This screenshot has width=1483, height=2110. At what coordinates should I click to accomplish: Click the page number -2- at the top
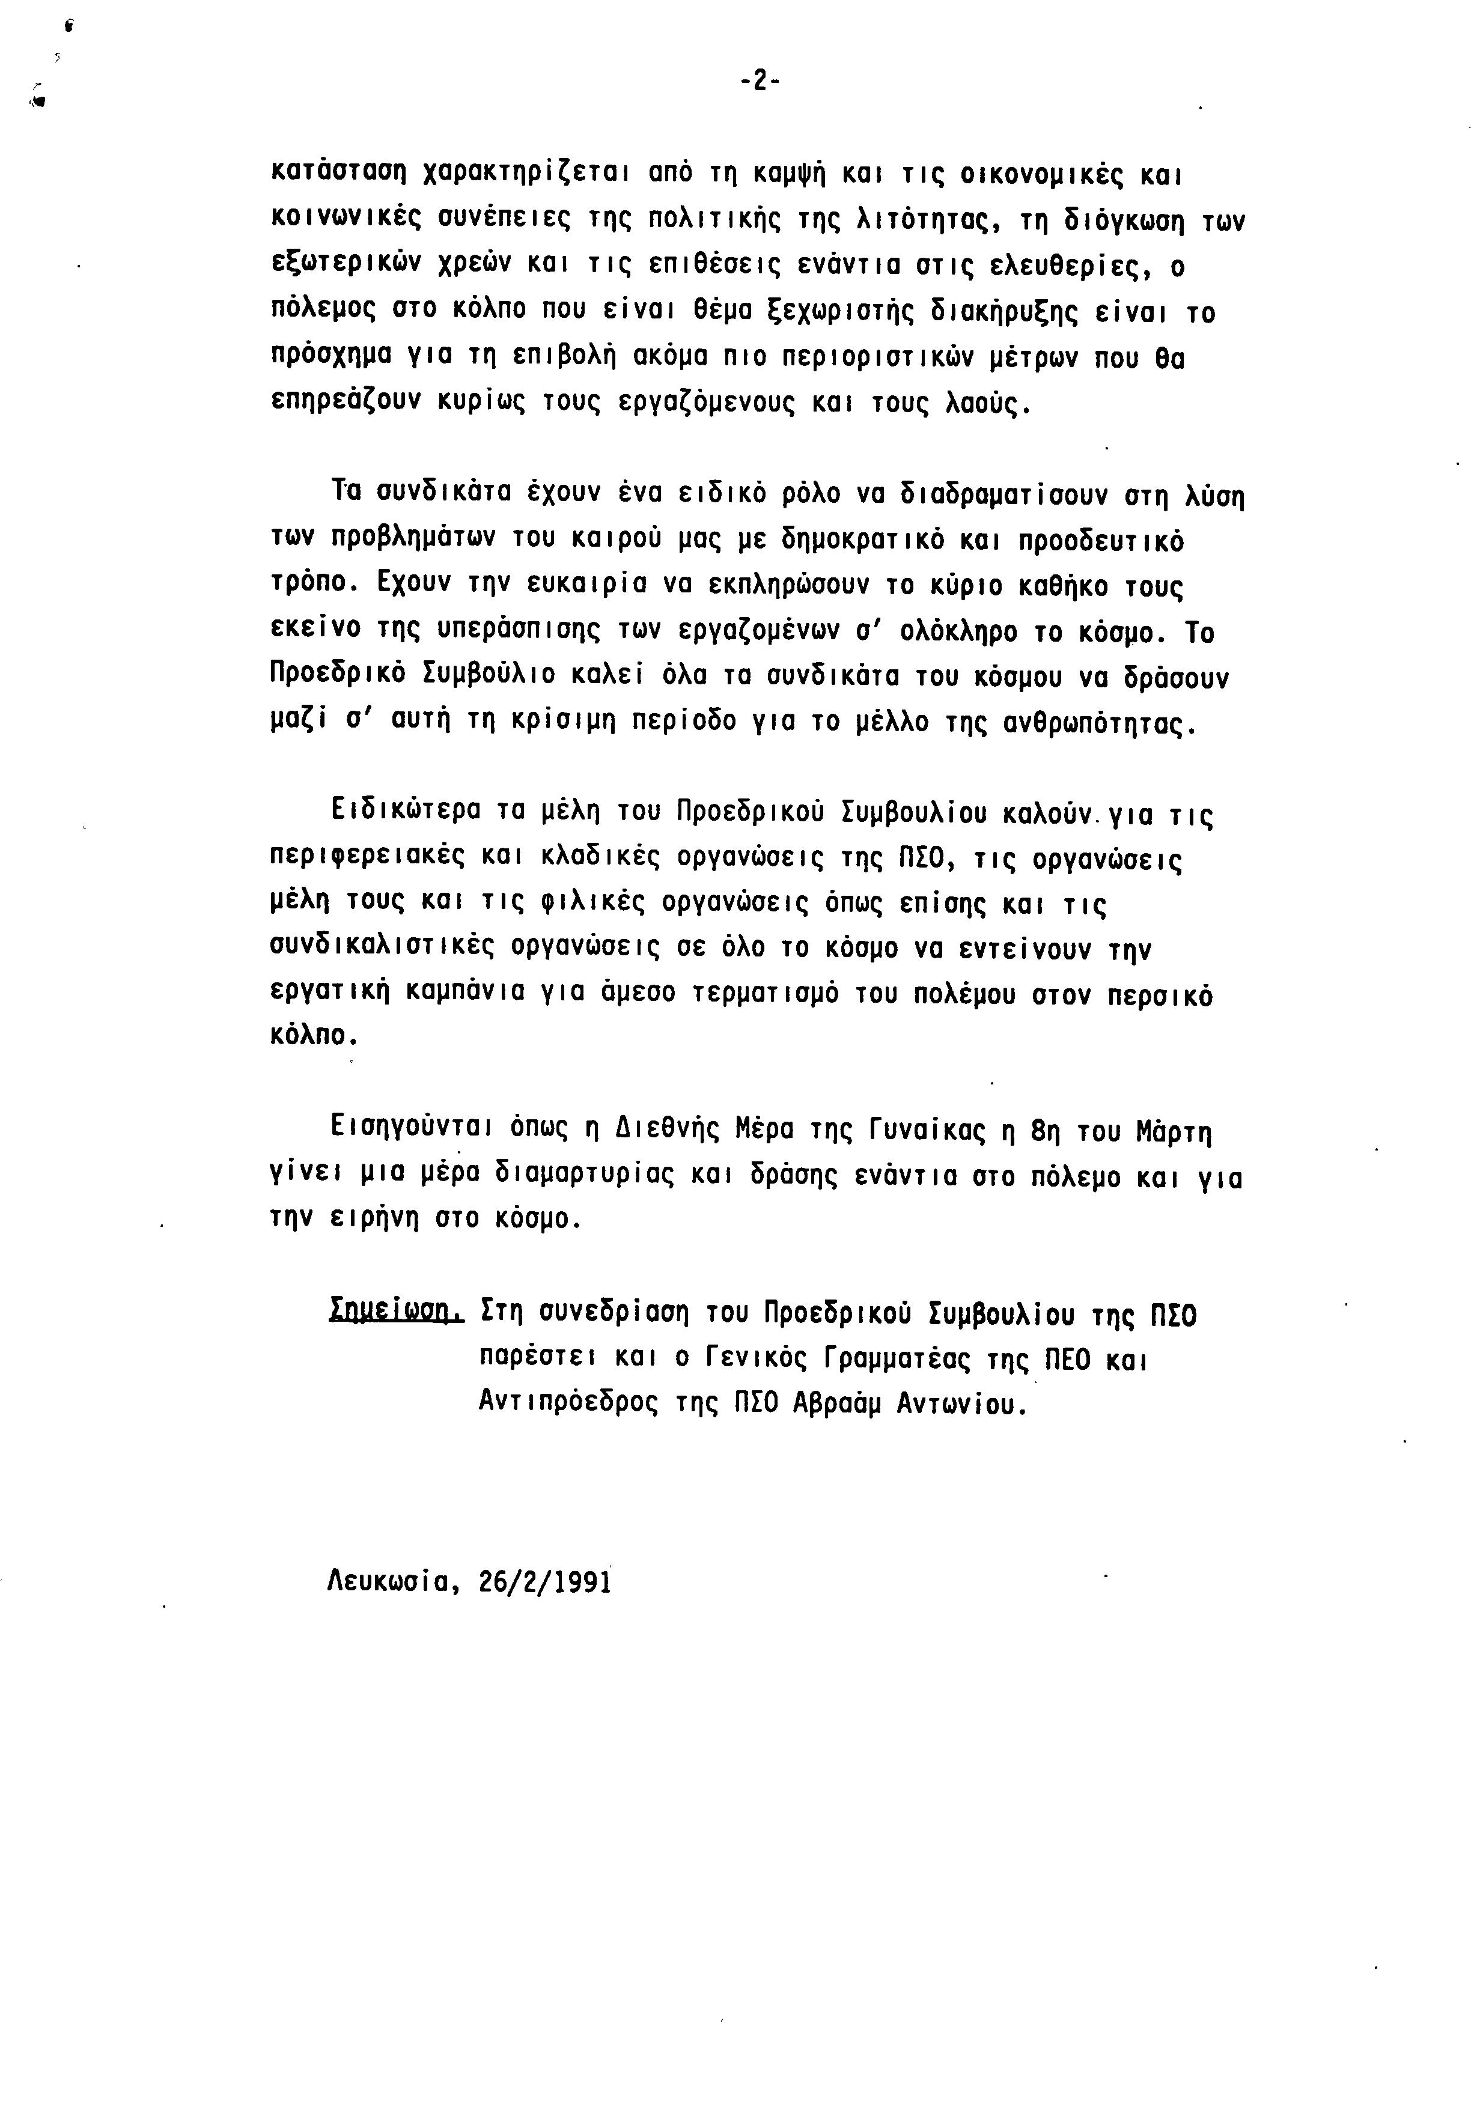pos(760,82)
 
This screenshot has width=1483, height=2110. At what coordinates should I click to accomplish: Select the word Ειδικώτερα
pos(406,812)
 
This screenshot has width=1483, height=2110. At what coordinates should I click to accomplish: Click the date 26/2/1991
pos(545,1581)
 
